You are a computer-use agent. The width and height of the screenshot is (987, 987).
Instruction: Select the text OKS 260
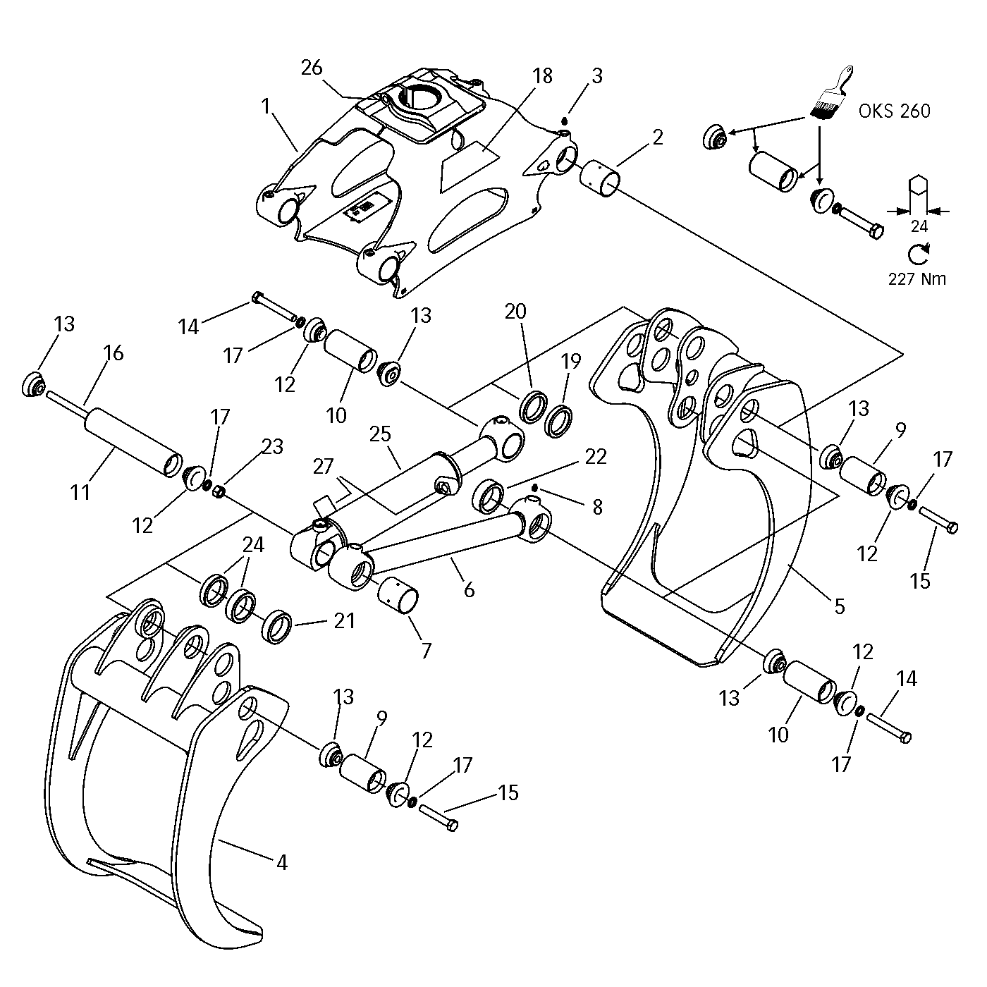click(x=895, y=111)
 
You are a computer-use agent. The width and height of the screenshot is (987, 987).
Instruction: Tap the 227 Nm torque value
click(x=917, y=278)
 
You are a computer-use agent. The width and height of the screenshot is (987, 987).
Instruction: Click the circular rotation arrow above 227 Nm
click(x=918, y=253)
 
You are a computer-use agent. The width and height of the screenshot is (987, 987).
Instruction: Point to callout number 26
click(x=312, y=68)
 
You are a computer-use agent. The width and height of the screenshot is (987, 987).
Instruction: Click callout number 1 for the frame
click(x=266, y=106)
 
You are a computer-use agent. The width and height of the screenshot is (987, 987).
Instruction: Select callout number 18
click(x=543, y=75)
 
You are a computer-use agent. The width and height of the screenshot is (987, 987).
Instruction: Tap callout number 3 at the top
click(x=596, y=75)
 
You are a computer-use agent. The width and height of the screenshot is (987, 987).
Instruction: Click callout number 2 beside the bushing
click(x=657, y=137)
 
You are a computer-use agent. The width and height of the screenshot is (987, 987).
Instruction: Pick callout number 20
click(x=515, y=311)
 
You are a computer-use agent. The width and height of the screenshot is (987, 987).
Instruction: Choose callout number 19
click(x=570, y=362)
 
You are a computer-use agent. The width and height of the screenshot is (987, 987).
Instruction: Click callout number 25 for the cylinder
click(x=380, y=434)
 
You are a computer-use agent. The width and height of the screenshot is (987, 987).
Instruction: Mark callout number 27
click(x=324, y=467)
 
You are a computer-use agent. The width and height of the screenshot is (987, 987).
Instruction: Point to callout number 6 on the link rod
click(x=469, y=589)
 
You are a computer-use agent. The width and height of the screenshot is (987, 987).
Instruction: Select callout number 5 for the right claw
click(x=839, y=606)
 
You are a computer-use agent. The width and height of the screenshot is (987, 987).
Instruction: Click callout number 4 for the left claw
click(x=281, y=862)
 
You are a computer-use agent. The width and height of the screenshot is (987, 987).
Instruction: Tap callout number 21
click(x=344, y=621)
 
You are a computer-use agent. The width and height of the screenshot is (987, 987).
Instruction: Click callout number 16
click(x=114, y=352)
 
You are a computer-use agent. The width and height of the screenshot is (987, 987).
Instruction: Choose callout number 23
click(x=273, y=446)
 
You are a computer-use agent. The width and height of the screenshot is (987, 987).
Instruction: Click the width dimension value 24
click(x=919, y=226)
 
